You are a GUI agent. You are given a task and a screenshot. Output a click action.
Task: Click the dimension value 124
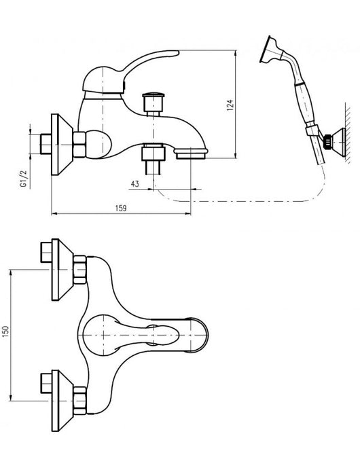click(x=230, y=105)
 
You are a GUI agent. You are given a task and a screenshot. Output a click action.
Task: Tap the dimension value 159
click(x=121, y=208)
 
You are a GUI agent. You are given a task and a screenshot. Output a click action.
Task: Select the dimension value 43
click(x=135, y=184)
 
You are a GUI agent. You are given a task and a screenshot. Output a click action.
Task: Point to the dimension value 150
click(x=6, y=331)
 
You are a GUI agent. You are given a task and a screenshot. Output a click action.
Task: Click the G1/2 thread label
click(x=24, y=179)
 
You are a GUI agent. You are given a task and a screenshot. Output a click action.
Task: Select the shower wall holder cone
click(x=340, y=142)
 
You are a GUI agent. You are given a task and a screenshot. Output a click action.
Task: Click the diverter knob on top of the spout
click(x=154, y=102)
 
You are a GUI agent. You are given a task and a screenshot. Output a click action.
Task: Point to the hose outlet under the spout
click(x=153, y=159)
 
